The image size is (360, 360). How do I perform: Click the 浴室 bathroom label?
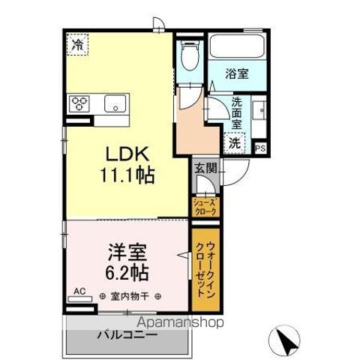[x=238, y=74]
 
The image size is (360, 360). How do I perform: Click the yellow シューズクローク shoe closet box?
[x=205, y=206]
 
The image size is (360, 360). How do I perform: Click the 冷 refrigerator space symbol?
[x=77, y=45]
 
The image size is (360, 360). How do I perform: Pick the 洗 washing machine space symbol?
[x=235, y=142]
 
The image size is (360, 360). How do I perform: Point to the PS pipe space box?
[x=260, y=148]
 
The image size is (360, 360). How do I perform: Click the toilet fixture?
[x=190, y=55]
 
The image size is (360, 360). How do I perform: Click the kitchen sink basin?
[x=116, y=103]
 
